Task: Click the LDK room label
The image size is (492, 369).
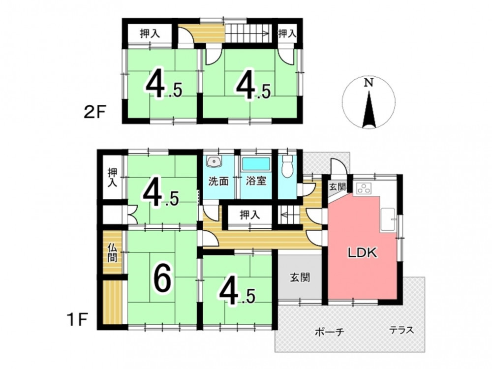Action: tap(363, 252)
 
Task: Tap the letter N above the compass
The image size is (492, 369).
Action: tap(369, 83)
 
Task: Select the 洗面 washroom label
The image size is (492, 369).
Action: tap(218, 182)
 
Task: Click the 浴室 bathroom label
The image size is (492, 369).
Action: tap(256, 181)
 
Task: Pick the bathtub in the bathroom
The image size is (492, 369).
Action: tap(256, 164)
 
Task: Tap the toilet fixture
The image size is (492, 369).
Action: tap(287, 166)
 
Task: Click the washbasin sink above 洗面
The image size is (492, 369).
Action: tap(215, 162)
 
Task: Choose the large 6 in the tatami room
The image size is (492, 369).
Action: tap(162, 277)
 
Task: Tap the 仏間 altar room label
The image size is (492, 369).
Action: tap(112, 252)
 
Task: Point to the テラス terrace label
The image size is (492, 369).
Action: tap(401, 330)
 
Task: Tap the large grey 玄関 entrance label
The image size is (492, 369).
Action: tap(300, 277)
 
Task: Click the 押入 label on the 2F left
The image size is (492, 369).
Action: tap(150, 33)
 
